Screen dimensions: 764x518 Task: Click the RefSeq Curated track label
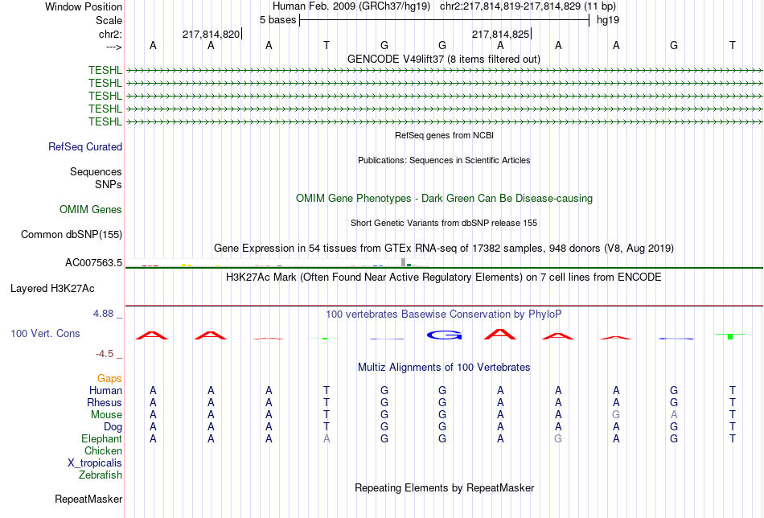coord(85,146)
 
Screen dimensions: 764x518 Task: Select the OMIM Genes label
coord(91,210)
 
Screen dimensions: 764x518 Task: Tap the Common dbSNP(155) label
coord(72,234)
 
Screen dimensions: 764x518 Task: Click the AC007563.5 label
coord(93,263)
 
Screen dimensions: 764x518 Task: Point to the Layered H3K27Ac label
coord(52,289)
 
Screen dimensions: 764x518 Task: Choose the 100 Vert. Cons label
coord(45,333)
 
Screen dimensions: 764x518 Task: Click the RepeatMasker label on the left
coord(88,499)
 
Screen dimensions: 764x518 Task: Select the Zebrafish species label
coord(101,475)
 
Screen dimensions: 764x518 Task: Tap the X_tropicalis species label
coord(95,463)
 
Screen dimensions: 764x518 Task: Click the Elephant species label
coord(101,438)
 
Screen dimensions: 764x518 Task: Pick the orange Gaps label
coord(109,379)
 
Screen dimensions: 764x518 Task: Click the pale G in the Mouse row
coord(616,415)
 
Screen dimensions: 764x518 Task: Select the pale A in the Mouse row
coord(674,415)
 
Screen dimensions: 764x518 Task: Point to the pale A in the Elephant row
coord(327,438)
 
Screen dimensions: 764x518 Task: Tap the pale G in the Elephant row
coord(558,438)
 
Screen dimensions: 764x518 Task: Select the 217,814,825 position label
coord(500,34)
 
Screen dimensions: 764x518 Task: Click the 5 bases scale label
coord(277,20)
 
